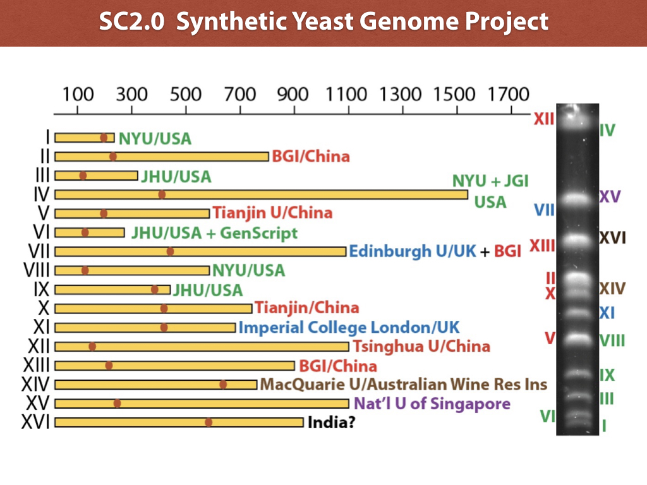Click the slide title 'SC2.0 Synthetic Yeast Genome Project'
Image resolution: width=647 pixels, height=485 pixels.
coord(323,23)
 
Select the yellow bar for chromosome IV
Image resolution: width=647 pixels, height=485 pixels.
coord(260,195)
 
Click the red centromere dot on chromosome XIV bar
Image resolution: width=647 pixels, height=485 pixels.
coord(223,384)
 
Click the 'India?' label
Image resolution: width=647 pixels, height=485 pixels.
coord(331,422)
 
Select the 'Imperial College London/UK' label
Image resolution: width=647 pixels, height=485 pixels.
coord(349,327)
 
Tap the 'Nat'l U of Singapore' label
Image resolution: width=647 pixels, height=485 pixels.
coord(432,403)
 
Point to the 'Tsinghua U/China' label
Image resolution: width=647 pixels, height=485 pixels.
coord(421,346)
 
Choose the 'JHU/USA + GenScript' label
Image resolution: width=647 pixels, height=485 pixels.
coord(214,232)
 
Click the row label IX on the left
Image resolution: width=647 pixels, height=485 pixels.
coord(41,290)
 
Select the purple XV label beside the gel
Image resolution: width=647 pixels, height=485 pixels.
coord(610,196)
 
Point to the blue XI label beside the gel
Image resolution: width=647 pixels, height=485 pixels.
coord(607,313)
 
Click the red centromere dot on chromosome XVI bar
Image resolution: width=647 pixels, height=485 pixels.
coord(209,422)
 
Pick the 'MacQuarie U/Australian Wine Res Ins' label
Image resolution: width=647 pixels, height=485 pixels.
coord(404,384)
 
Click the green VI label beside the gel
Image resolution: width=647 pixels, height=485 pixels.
coord(547,416)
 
